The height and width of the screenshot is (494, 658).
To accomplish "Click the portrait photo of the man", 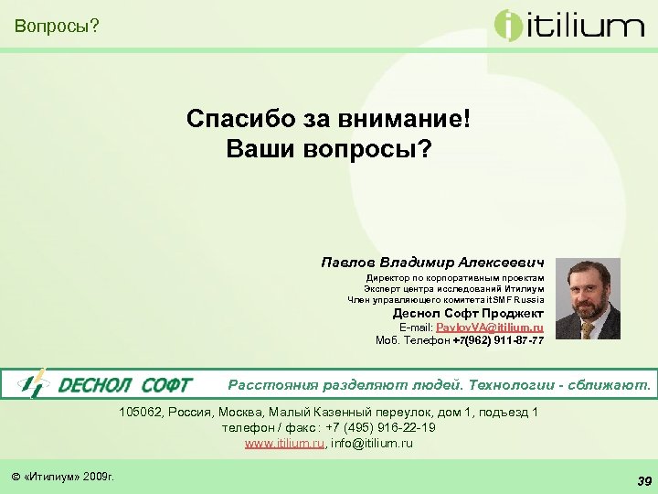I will pos(588,298).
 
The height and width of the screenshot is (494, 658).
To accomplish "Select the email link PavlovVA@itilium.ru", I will pos(490,327).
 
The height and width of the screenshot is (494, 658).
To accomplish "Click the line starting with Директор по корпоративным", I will pos(455,277).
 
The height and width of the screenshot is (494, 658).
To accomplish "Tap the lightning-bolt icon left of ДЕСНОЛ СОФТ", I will pos(33,384).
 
